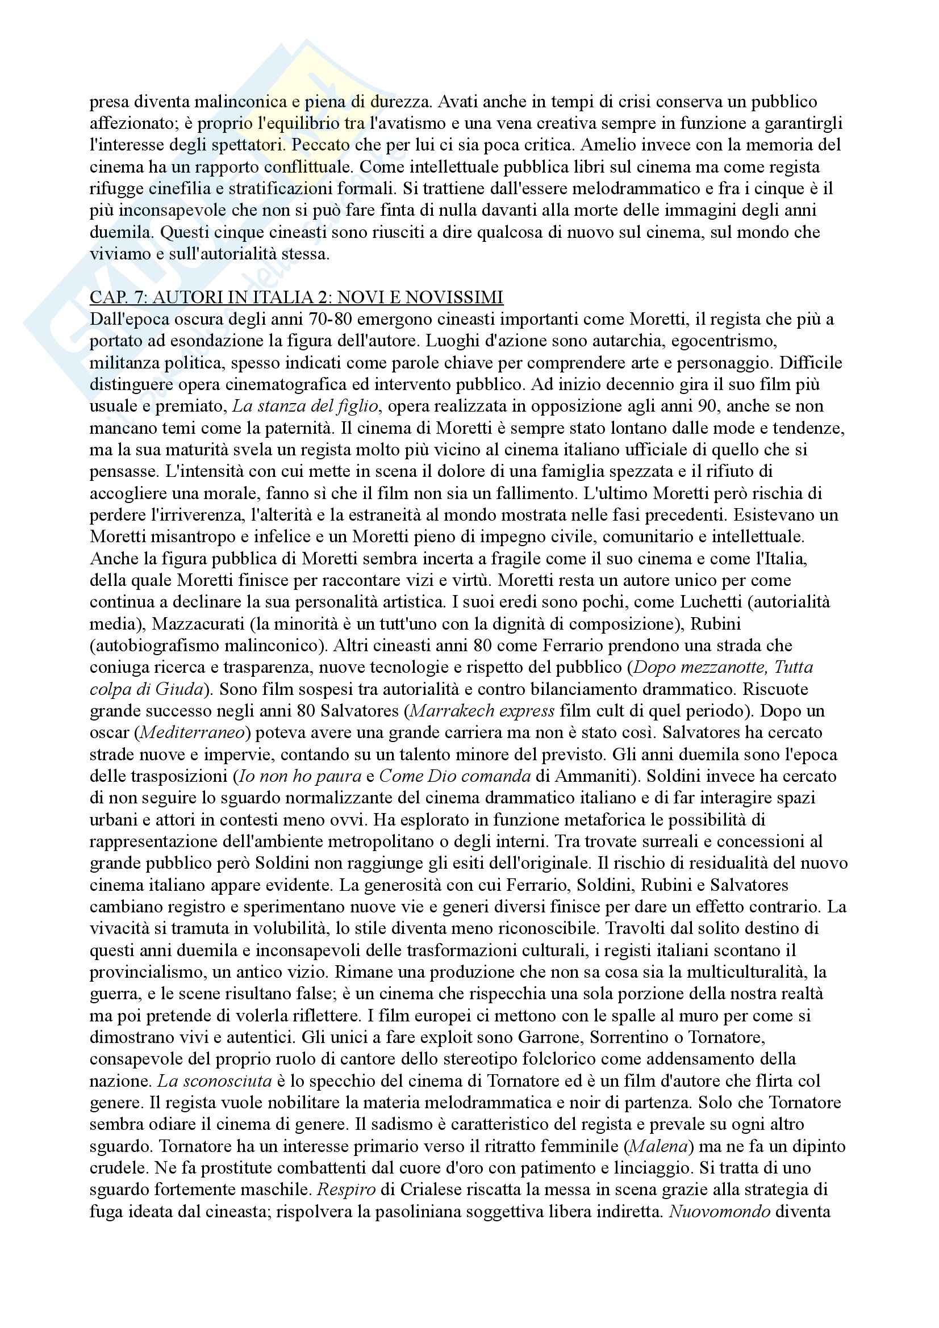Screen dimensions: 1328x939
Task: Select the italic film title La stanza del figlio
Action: [x=305, y=406]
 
